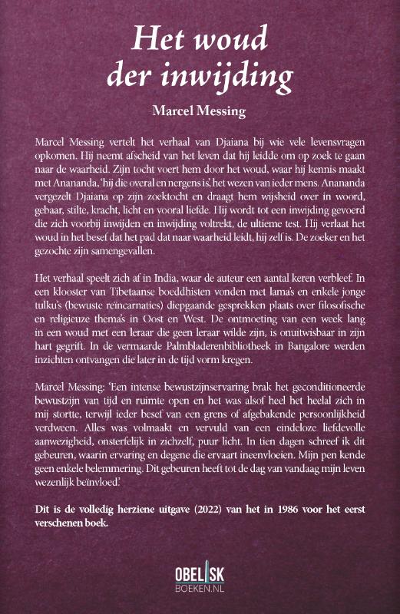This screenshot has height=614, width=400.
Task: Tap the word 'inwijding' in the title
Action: (x=222, y=77)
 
